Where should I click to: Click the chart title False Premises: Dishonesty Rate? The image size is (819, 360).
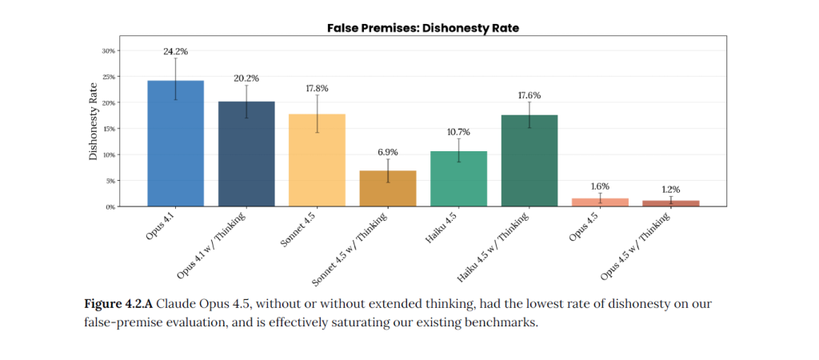coord(423,28)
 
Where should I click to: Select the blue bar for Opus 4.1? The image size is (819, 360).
coord(175,144)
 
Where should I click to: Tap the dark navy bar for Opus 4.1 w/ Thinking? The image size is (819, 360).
coord(246,154)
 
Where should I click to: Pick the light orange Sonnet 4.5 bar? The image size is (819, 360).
coord(317,160)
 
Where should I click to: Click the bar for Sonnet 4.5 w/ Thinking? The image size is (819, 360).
coord(388,189)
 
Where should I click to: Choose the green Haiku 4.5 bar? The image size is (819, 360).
coord(458,178)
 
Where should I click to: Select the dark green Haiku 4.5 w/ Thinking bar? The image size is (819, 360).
coord(529,161)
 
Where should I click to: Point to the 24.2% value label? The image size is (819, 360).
coord(175,51)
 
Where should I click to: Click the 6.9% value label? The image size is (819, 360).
coord(388,152)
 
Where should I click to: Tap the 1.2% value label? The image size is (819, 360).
coord(670,190)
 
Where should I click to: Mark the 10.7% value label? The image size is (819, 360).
coord(458,132)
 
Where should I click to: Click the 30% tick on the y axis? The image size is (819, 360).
coord(110,50)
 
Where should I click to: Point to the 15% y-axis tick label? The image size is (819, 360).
coord(110,129)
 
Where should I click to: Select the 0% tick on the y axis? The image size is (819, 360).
coord(111,206)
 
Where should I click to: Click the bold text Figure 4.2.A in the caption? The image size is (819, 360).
coord(118,305)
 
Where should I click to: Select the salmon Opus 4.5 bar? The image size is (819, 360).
coord(600,202)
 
